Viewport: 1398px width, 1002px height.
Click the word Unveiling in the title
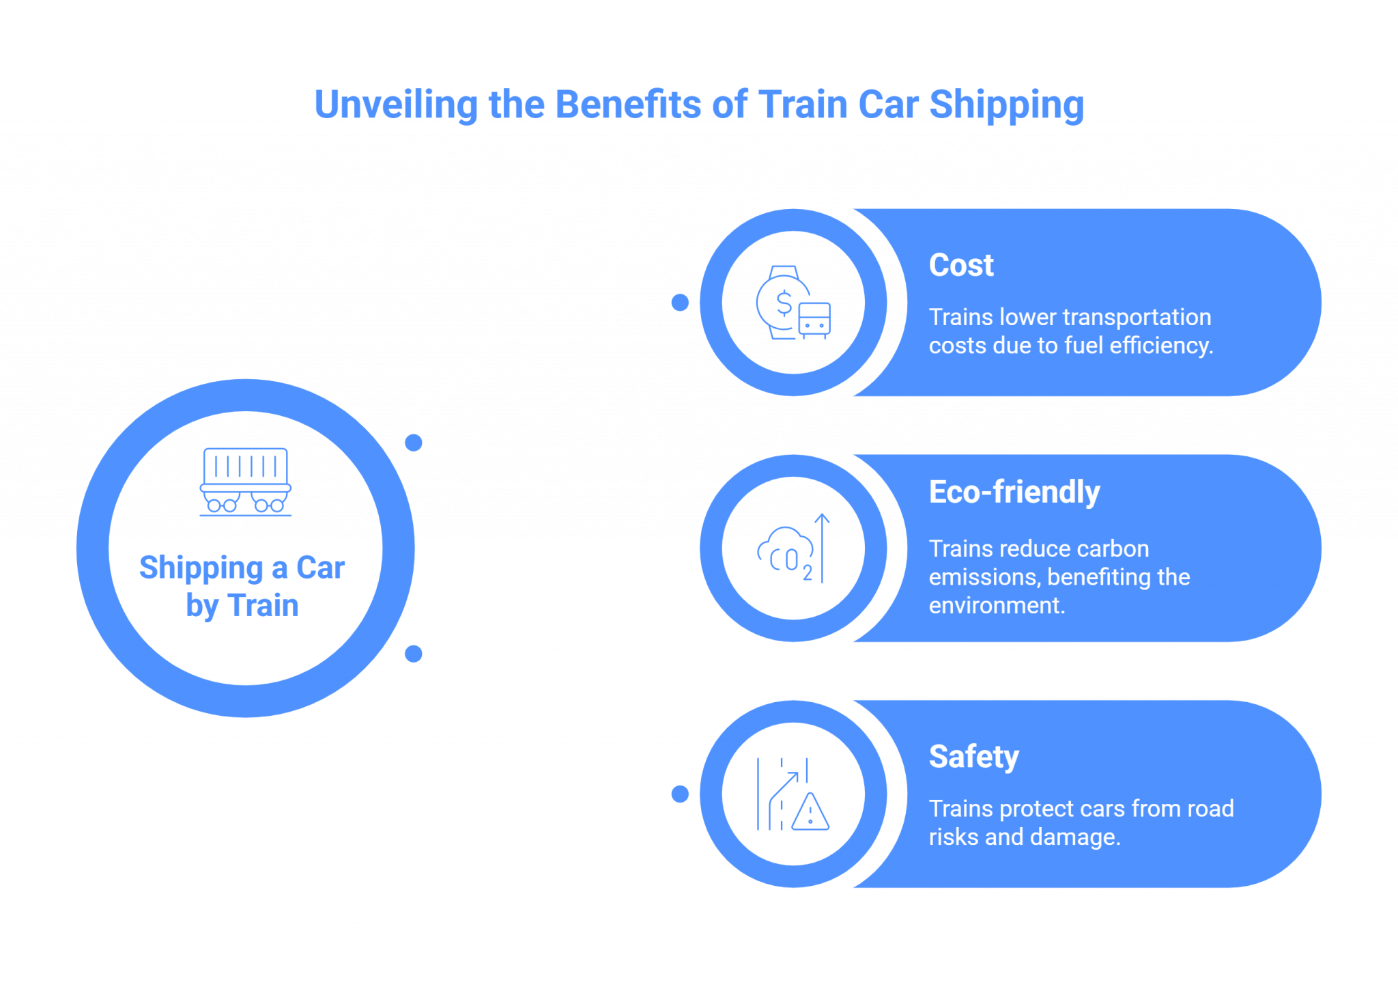point(395,105)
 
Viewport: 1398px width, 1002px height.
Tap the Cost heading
point(960,265)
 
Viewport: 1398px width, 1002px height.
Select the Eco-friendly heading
point(1014,492)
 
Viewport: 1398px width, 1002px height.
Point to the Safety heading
point(973,757)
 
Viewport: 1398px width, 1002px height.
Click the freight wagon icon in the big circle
point(246,481)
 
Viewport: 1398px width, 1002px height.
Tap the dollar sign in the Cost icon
point(784,303)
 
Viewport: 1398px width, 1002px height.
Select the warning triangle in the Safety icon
point(810,813)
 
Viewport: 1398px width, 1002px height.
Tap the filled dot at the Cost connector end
point(680,303)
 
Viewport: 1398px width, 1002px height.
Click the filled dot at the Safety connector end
point(680,794)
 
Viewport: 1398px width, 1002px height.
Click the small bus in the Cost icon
point(814,320)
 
